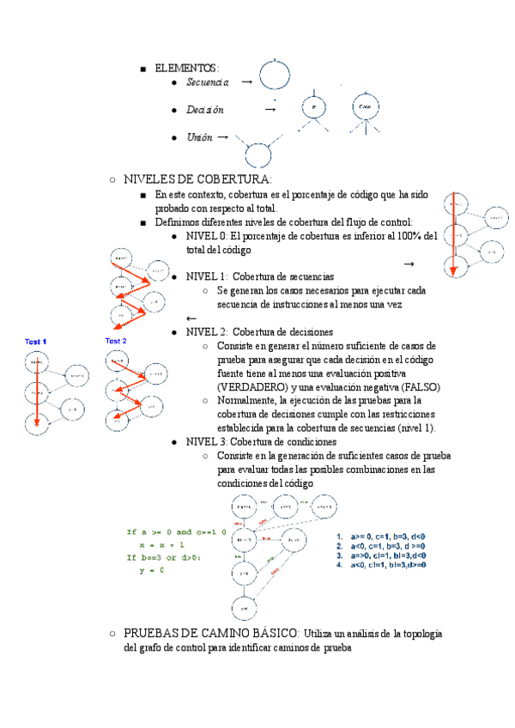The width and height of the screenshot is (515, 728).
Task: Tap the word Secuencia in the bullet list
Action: [207, 82]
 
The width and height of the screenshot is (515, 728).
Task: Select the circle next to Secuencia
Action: [275, 76]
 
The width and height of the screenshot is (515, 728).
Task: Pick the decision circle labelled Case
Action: [365, 107]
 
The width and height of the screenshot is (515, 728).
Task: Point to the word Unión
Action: [199, 137]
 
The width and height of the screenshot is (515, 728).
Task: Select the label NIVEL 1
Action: [205, 277]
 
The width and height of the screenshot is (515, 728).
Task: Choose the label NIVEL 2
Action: [205, 331]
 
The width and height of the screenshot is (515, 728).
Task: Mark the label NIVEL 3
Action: [205, 441]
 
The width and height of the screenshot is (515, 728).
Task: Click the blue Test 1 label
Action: [35, 342]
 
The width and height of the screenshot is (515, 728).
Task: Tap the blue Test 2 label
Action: [116, 341]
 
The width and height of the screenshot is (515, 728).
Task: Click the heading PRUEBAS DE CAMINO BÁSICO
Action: [210, 634]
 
